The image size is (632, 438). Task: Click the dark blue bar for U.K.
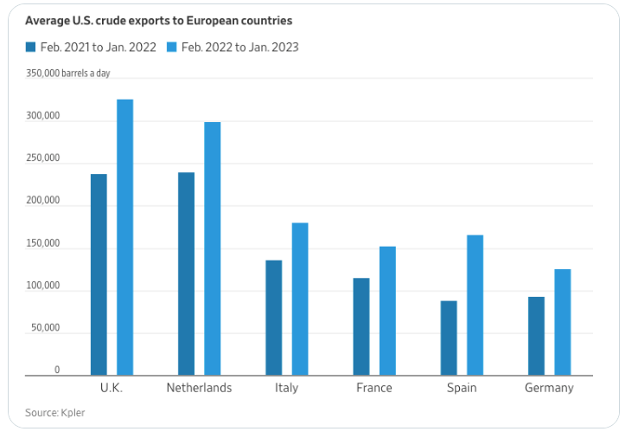point(99,274)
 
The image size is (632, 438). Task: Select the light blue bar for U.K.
point(124,237)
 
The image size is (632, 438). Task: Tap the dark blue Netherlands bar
point(186,274)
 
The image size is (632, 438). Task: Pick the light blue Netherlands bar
point(213,248)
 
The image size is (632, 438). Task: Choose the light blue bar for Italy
point(300,299)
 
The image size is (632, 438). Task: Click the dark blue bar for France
point(361,326)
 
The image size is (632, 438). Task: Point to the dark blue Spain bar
point(449,338)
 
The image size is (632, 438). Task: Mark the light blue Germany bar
point(562,322)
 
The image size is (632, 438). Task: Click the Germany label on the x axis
point(549,388)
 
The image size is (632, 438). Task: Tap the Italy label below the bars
point(286,388)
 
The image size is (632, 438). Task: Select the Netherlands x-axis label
point(199,388)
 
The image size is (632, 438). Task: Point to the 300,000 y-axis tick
point(42,116)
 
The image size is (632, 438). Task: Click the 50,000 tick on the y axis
point(45,328)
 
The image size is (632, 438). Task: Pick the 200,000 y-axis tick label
point(42,201)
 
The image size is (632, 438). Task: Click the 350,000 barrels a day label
point(67,74)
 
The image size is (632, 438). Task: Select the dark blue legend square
point(31,47)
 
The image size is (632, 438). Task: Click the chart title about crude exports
point(158,20)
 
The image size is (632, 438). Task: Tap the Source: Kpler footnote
point(54,413)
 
